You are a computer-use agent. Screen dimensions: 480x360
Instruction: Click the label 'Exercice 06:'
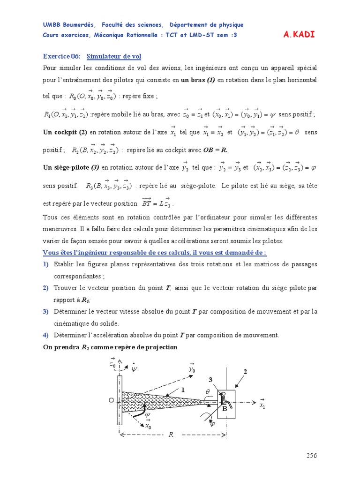tap(62, 57)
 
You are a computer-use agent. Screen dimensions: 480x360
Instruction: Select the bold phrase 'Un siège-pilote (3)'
tap(71, 167)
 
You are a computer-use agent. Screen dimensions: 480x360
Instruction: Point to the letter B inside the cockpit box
tap(225, 409)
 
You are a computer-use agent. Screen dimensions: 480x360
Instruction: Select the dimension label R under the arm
tap(171, 435)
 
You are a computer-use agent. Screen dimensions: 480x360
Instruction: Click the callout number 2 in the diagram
tap(244, 372)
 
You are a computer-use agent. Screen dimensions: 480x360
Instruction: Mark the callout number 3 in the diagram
tap(211, 380)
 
